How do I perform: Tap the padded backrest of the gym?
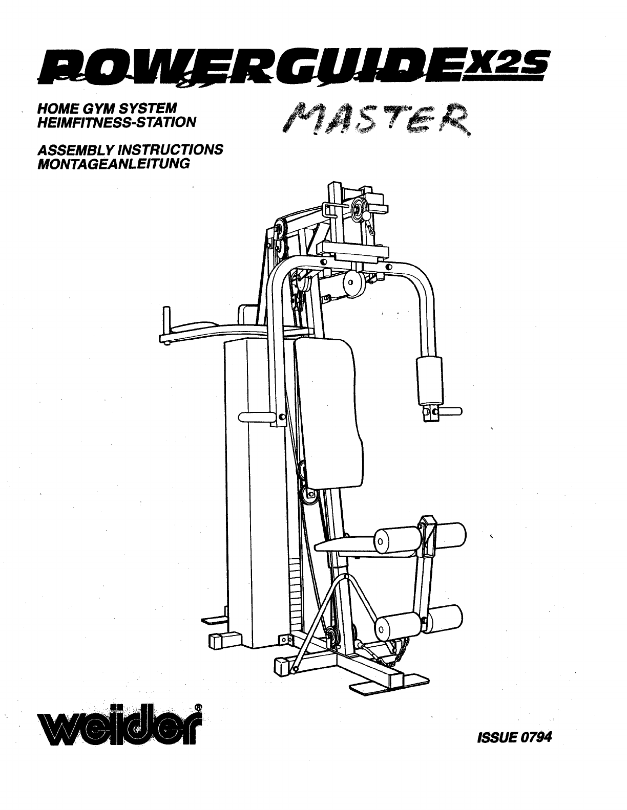click(x=328, y=409)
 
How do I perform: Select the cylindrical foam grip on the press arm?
click(x=430, y=381)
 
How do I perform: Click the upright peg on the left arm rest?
click(x=165, y=320)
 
